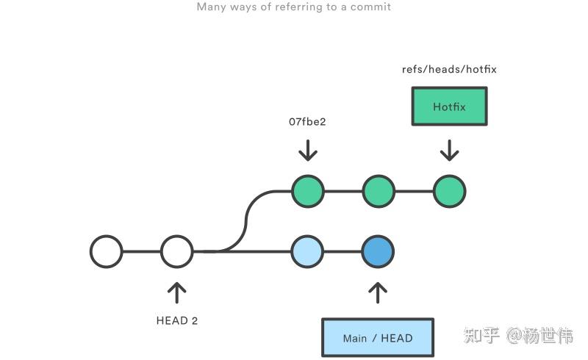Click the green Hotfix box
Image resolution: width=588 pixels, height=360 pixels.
pos(449,107)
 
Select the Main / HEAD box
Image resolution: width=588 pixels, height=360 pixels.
pos(378,338)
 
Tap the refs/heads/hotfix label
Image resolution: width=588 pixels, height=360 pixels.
pos(449,69)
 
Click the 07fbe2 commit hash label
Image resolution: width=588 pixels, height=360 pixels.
pos(307,121)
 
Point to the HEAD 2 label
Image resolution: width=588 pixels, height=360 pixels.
pos(177,320)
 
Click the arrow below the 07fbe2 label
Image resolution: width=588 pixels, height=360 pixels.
pos(307,151)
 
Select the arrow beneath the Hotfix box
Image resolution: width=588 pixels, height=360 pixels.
pos(449,151)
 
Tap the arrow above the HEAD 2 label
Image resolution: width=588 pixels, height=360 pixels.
pos(177,292)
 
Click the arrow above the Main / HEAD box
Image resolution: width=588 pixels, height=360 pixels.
pos(378,292)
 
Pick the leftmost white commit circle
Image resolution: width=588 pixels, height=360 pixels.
pos(107,251)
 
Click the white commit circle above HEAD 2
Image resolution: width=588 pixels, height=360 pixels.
pos(177,251)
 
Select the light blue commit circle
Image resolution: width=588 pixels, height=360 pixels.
pos(307,251)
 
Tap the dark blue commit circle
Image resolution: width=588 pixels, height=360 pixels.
pos(378,251)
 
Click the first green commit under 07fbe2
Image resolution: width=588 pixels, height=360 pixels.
pos(307,191)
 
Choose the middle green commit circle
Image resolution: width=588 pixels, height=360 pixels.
pos(379,191)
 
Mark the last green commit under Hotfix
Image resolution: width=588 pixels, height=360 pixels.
pos(449,191)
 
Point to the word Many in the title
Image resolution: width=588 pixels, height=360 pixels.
pos(210,7)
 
